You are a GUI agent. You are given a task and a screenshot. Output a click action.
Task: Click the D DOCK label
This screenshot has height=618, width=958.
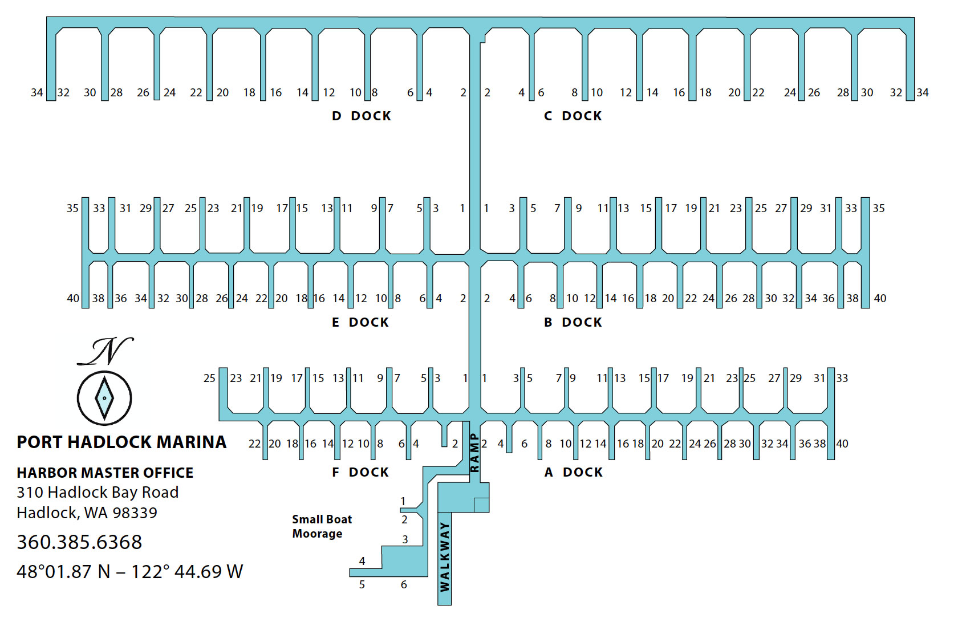pyautogui.click(x=362, y=116)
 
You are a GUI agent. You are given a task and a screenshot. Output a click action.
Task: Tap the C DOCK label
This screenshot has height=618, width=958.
pyautogui.click(x=573, y=116)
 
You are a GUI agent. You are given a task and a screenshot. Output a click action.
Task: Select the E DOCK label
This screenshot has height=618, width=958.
pyautogui.click(x=360, y=322)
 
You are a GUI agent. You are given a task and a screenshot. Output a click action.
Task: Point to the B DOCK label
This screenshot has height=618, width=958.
pyautogui.click(x=573, y=322)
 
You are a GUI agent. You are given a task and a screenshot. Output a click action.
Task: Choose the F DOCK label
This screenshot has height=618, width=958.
pyautogui.click(x=360, y=472)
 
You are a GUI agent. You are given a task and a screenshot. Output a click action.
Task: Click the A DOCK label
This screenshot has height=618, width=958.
pyautogui.click(x=573, y=472)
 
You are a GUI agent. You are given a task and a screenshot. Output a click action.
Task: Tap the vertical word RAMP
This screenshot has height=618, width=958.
pyautogui.click(x=474, y=453)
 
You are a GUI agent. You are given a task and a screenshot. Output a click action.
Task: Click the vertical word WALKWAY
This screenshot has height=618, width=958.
pyautogui.click(x=445, y=556)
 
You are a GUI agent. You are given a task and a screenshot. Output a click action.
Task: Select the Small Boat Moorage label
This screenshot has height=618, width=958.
pyautogui.click(x=322, y=526)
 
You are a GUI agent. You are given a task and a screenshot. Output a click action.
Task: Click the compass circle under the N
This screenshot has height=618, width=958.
pyautogui.click(x=104, y=398)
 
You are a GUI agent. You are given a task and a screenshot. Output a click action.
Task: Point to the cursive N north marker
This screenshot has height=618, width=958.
pyautogui.click(x=105, y=351)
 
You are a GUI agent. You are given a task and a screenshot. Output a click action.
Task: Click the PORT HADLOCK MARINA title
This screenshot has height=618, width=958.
pyautogui.click(x=121, y=442)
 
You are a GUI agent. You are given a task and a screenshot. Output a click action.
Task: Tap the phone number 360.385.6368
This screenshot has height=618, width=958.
pyautogui.click(x=79, y=542)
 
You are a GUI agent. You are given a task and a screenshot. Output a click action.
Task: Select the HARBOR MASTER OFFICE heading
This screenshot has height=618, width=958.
pyautogui.click(x=105, y=473)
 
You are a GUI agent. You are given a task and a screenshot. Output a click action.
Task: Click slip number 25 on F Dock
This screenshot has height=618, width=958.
pyautogui.click(x=209, y=378)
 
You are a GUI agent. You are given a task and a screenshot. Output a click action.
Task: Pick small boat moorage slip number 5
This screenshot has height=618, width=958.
pyautogui.click(x=362, y=584)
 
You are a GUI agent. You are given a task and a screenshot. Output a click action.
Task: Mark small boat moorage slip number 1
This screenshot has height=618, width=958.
pyautogui.click(x=403, y=501)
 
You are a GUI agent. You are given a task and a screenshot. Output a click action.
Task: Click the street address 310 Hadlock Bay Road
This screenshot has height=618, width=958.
pyautogui.click(x=98, y=492)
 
